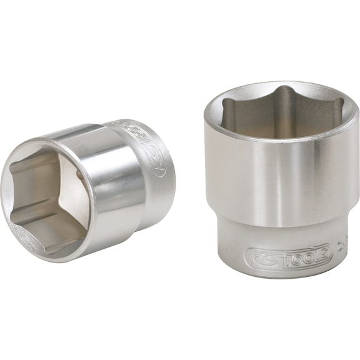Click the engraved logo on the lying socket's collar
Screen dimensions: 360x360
pyautogui.click(x=159, y=152)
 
